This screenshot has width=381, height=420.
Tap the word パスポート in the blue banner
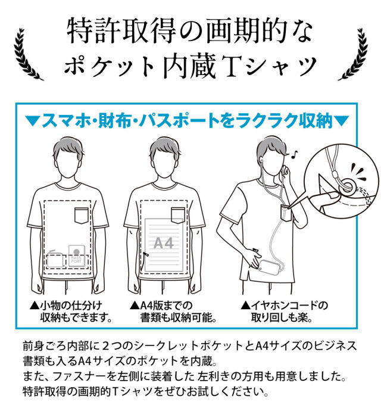pyautogui.click(x=178, y=122)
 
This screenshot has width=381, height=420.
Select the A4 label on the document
pyautogui.click(x=163, y=243)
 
